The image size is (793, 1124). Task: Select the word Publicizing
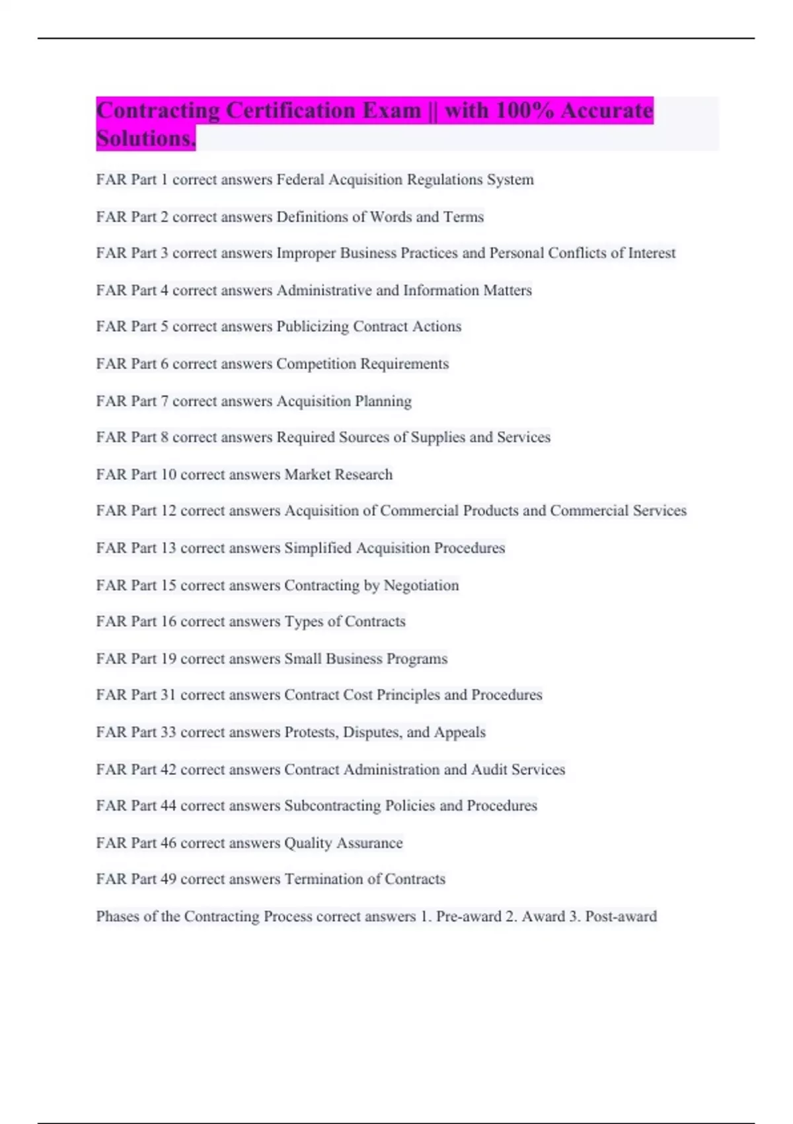pyautogui.click(x=313, y=327)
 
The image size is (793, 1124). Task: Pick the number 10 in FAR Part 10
pyautogui.click(x=169, y=475)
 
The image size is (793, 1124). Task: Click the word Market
pyautogui.click(x=307, y=475)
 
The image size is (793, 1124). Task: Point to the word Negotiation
pyautogui.click(x=421, y=586)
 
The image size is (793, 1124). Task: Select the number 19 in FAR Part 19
pyautogui.click(x=169, y=659)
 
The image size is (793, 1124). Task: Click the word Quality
pyautogui.click(x=308, y=843)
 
